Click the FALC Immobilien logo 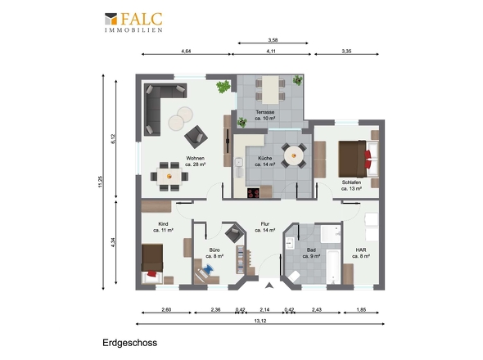click(133, 22)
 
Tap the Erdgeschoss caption click(129, 343)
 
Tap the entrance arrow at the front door click(269, 286)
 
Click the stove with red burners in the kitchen click(254, 193)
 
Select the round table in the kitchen click(294, 155)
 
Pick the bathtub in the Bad click(333, 268)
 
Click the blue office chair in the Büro click(208, 269)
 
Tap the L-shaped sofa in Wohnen click(160, 105)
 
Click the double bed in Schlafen click(359, 159)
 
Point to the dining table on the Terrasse click(271, 90)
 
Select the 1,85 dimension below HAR click(361, 309)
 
